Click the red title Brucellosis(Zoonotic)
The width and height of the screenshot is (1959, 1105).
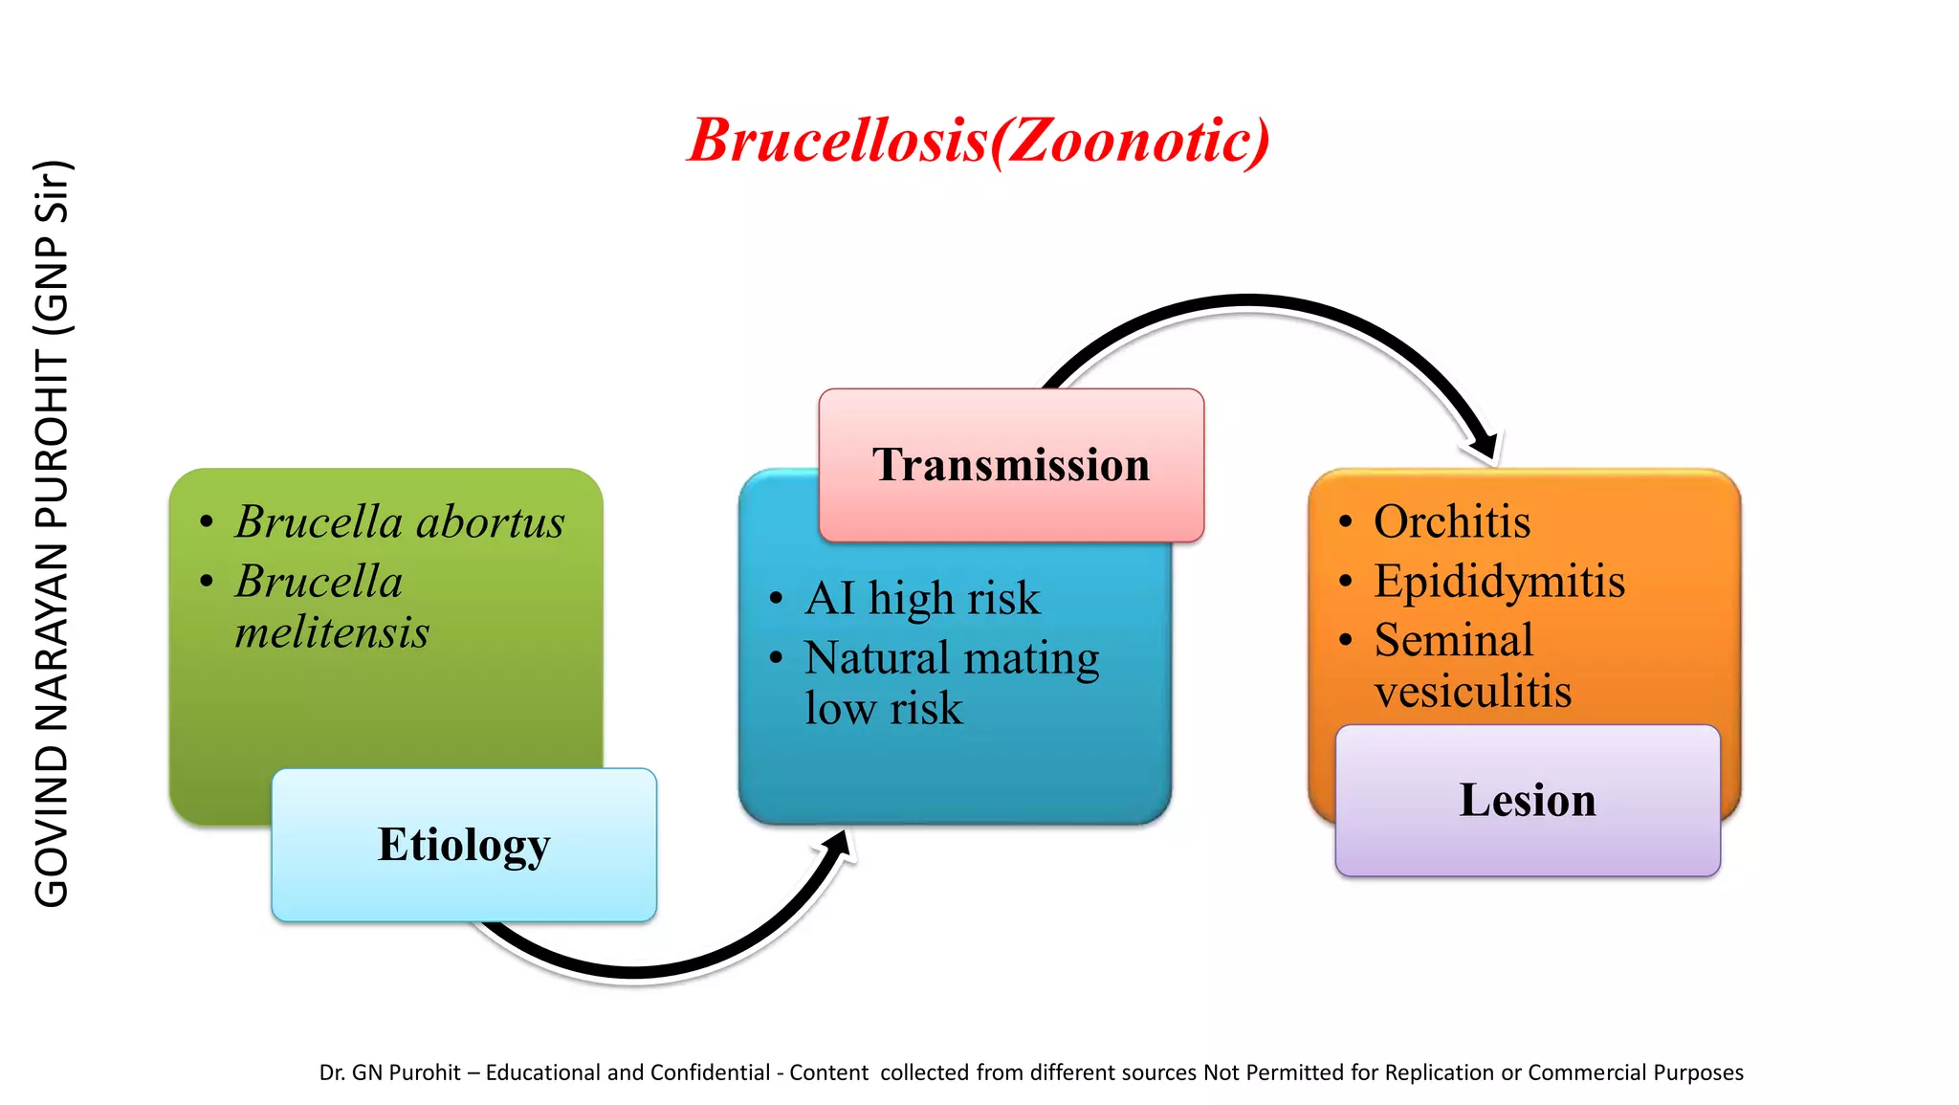click(979, 141)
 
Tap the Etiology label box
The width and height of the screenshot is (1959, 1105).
click(464, 845)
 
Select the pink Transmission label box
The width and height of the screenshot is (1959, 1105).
click(1011, 465)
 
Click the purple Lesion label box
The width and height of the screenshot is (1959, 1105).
click(1528, 800)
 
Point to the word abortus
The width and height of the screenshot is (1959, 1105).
click(490, 522)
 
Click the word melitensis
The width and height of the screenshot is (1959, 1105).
click(332, 632)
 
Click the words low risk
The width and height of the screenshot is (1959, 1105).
click(883, 709)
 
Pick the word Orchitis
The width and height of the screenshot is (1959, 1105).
click(1452, 522)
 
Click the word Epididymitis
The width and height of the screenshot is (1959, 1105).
click(1499, 582)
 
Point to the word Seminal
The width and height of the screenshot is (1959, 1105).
click(1453, 640)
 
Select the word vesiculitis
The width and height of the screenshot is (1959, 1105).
click(1472, 692)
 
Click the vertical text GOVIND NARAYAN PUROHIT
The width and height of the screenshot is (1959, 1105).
click(52, 631)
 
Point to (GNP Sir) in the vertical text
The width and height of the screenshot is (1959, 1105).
click(52, 249)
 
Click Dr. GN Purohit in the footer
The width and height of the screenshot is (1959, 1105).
click(389, 1072)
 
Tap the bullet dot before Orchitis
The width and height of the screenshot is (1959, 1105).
click(1346, 522)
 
